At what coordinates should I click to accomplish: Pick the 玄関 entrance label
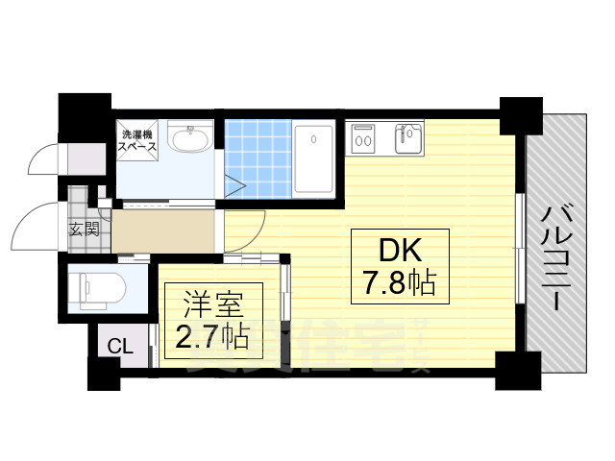point(84,229)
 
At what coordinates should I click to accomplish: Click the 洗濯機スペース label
point(137,142)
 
